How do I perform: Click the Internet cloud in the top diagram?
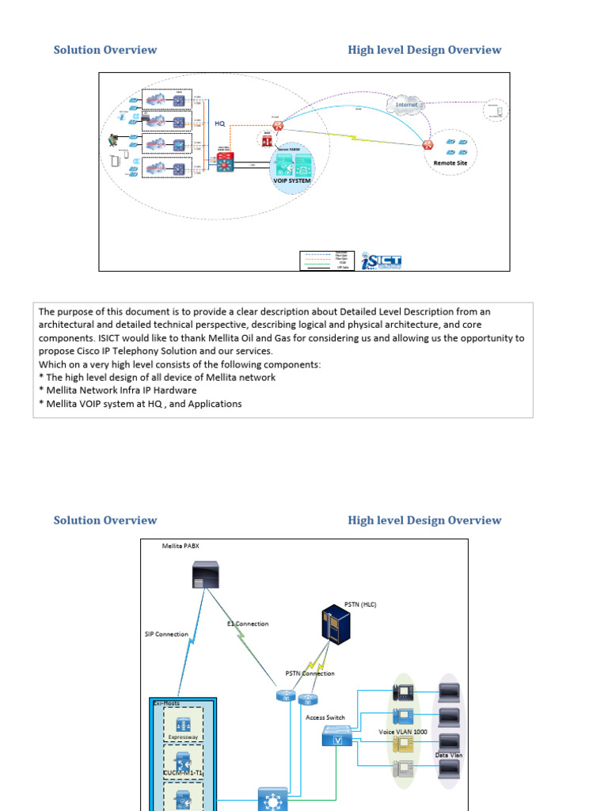click(405, 104)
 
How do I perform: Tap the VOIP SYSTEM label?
click(292, 181)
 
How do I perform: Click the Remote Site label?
click(450, 163)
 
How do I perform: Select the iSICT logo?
click(381, 261)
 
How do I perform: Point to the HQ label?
click(220, 124)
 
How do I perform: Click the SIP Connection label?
click(166, 634)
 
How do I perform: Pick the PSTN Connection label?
click(310, 673)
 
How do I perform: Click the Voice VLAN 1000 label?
click(403, 732)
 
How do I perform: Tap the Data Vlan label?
click(449, 755)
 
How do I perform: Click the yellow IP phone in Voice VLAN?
click(402, 744)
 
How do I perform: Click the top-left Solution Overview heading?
click(105, 50)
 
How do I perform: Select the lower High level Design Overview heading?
click(424, 520)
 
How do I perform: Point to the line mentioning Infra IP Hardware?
click(118, 390)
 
